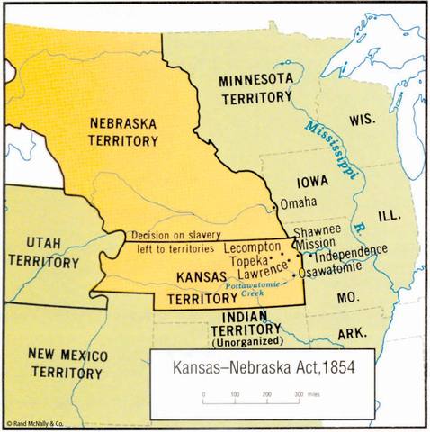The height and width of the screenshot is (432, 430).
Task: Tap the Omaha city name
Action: (299, 203)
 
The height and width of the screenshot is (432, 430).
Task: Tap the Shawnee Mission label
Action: (318, 236)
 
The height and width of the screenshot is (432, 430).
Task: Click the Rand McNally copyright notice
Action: (34, 422)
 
